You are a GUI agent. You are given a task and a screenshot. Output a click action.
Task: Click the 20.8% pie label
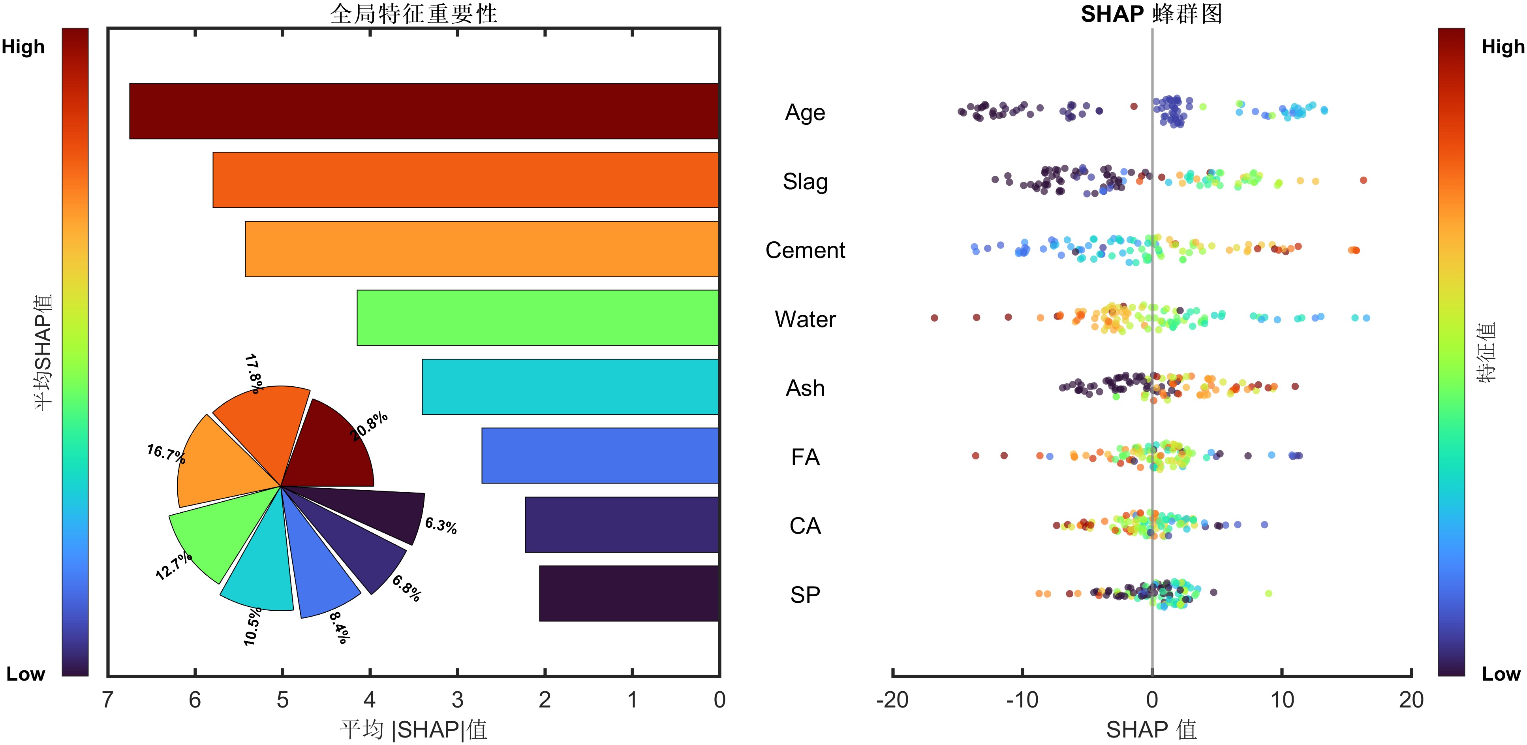pos(369,426)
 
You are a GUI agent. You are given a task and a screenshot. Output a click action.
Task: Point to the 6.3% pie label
pos(440,525)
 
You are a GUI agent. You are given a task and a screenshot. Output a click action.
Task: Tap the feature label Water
pos(805,319)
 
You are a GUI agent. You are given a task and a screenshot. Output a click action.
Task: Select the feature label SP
pos(805,595)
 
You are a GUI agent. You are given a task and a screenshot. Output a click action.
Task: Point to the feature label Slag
pos(805,181)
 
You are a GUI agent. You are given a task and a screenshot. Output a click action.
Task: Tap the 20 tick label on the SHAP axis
pos(1411,700)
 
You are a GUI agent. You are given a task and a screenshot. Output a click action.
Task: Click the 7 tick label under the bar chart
pos(107,700)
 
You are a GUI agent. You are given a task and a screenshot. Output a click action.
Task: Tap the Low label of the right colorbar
pos(1501,674)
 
